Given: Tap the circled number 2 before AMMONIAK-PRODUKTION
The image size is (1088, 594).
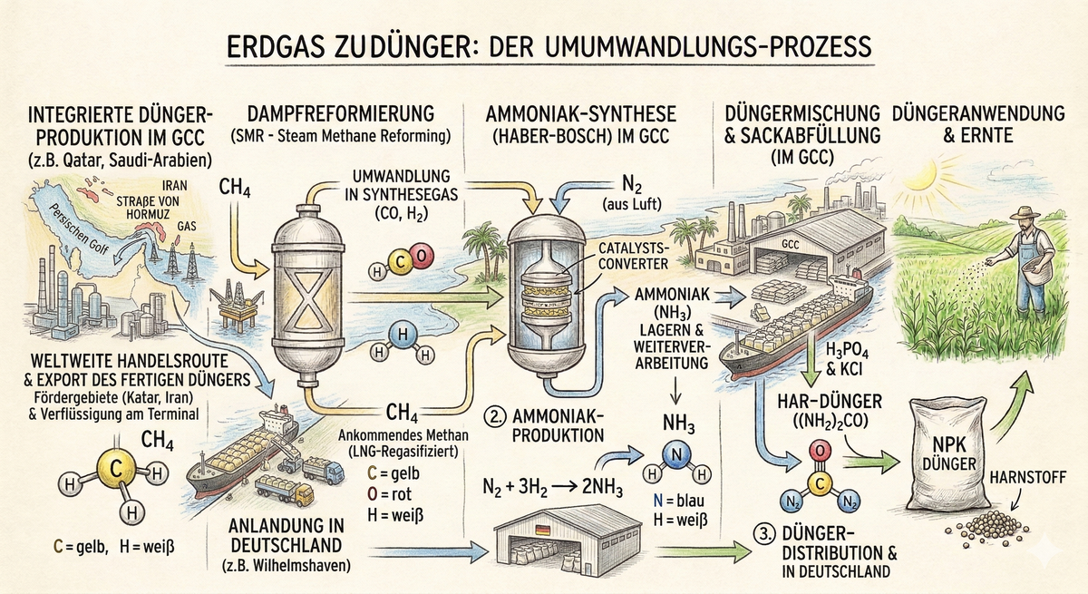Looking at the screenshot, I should click(x=496, y=420).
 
